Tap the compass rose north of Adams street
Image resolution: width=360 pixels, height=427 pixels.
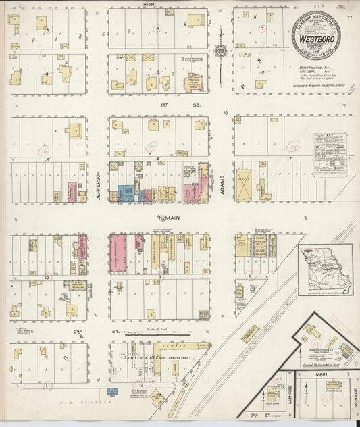pos(221,51)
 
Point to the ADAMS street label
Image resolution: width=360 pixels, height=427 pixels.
pos(222,182)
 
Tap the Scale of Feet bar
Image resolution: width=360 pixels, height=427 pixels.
pos(160,332)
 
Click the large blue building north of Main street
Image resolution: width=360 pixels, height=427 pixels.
pos(126,193)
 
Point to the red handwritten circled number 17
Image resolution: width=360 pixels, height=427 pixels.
pos(151,147)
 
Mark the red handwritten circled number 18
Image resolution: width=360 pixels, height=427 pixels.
pos(293,145)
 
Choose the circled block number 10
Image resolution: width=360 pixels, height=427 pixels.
pos(47,277)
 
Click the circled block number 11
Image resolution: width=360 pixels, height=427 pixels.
pos(47,386)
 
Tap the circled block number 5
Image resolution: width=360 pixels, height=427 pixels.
pos(47,29)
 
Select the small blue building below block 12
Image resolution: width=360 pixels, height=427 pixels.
pos(111,393)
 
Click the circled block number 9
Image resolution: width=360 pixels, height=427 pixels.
pos(159,277)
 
